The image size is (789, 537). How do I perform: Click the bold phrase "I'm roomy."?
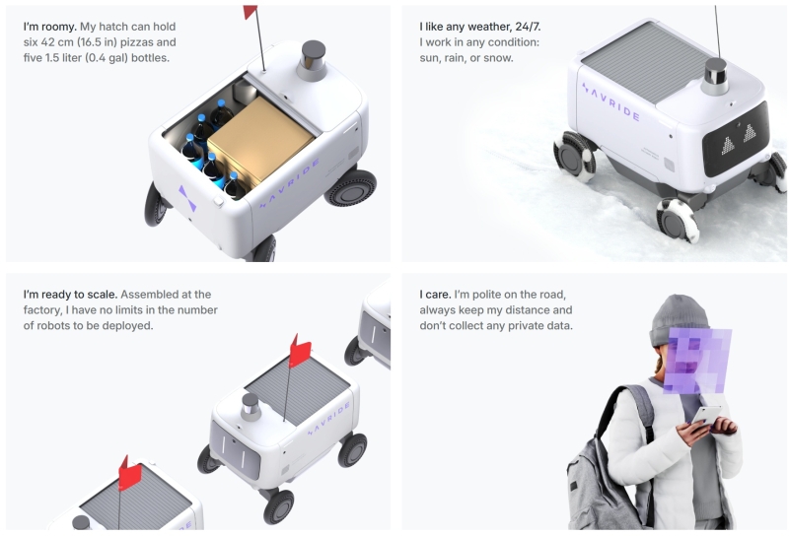50,27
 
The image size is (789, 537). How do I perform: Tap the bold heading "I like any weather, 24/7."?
480,27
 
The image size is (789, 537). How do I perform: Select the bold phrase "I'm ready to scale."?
70,295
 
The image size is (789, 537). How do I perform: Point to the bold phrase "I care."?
435,295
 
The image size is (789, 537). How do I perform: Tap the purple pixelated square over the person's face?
697,361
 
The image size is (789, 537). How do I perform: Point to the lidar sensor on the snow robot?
716,76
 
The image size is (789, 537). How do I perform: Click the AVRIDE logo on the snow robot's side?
610,102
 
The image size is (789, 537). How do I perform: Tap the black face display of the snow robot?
736,139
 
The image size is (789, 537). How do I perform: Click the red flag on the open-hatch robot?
251,12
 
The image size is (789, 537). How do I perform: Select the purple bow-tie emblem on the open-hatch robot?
187,198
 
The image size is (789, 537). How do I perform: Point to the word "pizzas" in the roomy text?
159,42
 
